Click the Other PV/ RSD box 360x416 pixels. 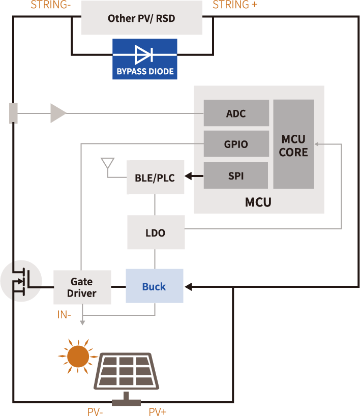[141, 18]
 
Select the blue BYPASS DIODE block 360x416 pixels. [145, 59]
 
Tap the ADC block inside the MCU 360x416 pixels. [236, 113]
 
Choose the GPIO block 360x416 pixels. [236, 144]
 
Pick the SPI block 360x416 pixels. [236, 175]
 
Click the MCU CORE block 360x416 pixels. [293, 145]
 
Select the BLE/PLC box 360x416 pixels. [155, 177]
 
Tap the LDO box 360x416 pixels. [155, 232]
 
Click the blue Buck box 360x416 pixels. [154, 286]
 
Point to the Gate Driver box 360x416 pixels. [82, 287]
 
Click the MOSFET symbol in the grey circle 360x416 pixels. [20, 280]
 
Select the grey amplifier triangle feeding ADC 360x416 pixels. [57, 113]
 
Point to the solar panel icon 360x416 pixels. [126, 371]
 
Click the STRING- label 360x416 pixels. [51, 5]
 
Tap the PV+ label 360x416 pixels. [158, 411]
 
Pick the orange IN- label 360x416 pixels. [64, 315]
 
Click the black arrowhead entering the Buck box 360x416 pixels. [188, 287]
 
